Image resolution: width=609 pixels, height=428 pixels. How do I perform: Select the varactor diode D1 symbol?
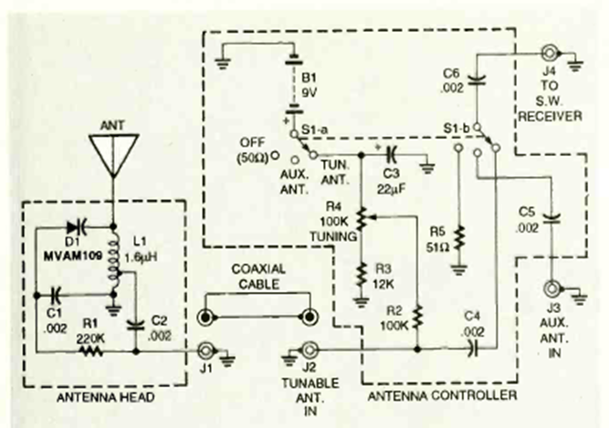77,226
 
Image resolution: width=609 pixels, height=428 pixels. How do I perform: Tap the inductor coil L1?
113,260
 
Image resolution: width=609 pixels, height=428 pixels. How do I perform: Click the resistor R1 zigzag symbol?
91,351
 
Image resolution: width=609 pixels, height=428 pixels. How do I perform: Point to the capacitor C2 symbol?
136,325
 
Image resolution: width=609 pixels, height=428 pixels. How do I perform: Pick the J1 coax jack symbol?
205,350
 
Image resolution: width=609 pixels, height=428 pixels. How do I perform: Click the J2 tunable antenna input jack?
310,350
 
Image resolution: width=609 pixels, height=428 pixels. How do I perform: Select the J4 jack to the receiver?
549,54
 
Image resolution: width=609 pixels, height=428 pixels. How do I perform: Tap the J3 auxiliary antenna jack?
551,288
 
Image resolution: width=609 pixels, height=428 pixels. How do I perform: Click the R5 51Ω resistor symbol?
459,239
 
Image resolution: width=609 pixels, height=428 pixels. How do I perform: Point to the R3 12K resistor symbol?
362,275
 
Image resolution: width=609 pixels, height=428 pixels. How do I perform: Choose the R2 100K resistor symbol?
417,318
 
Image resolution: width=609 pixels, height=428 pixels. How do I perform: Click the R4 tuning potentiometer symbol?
362,219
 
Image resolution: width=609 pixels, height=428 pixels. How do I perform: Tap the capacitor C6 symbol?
478,80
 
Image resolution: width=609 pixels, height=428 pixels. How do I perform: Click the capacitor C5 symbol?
551,219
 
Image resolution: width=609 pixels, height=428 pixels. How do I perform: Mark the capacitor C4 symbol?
474,350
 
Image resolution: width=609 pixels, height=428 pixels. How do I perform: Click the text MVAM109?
73,256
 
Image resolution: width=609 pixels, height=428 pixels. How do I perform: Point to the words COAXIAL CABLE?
258,277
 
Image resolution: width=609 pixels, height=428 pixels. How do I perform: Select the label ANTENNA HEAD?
106,398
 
